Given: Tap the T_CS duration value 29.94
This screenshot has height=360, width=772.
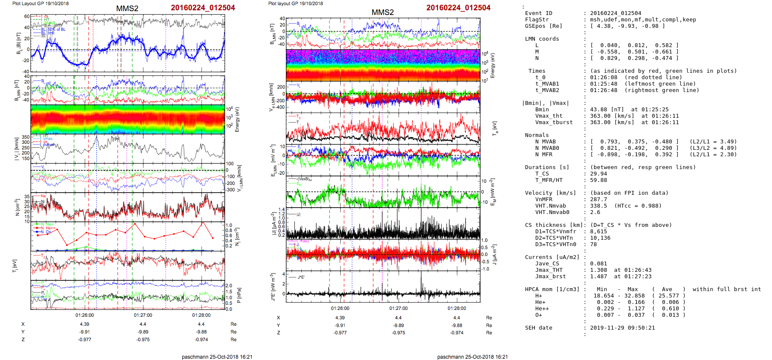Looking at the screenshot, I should pos(598,174).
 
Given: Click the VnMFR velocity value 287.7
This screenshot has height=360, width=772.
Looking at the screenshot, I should pos(598,199).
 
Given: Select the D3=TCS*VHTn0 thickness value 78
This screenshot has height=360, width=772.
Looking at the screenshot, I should pos(594,244).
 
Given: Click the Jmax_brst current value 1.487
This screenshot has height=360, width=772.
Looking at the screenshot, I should pos(598,277).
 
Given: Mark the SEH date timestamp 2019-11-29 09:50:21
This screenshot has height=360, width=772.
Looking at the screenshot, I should pos(622,328).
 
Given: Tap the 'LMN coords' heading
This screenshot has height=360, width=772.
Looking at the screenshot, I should pos(542,39).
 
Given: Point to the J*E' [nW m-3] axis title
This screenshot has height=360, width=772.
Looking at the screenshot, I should pos(272,287).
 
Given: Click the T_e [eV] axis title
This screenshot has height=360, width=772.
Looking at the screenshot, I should pos(495,128).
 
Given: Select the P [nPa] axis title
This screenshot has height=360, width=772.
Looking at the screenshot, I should pos(238,295).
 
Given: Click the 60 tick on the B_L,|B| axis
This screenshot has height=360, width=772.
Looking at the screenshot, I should pos(27,16).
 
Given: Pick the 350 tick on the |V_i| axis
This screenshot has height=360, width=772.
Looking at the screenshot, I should pos(26,137).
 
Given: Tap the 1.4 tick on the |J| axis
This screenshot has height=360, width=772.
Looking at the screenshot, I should pos(282,209).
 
